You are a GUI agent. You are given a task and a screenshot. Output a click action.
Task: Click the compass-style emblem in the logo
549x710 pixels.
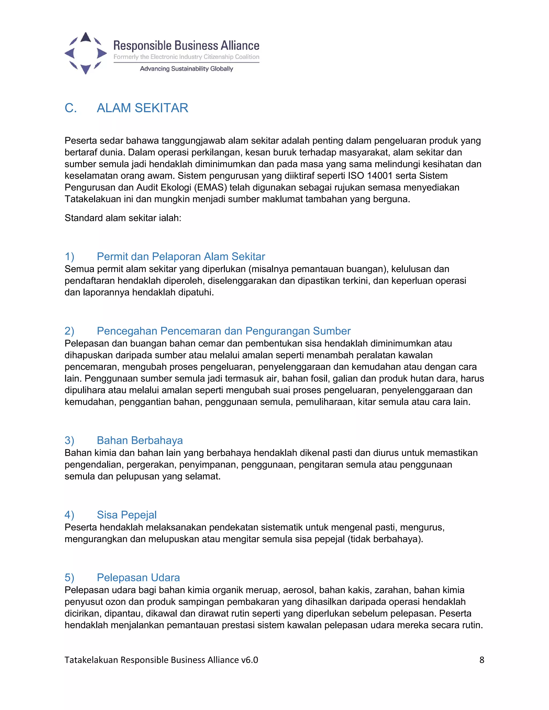(86, 53)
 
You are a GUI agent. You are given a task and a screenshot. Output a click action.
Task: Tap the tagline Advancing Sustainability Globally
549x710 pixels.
(186, 69)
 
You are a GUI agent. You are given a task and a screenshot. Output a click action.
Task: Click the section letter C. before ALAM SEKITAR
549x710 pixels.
(71, 108)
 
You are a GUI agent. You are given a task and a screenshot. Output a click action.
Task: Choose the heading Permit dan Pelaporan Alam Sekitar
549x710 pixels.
(181, 256)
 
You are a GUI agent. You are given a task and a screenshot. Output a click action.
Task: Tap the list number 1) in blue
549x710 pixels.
(69, 256)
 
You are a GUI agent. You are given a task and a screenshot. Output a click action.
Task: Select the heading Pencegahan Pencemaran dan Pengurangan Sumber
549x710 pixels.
(224, 331)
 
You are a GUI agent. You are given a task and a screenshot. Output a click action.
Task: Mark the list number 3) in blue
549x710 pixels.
(69, 440)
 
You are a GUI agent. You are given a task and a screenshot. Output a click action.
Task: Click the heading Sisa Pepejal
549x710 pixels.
(127, 515)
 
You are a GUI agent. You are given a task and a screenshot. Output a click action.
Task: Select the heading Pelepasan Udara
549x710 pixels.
(138, 577)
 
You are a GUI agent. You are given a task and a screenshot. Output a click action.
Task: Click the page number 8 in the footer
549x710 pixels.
(482, 660)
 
